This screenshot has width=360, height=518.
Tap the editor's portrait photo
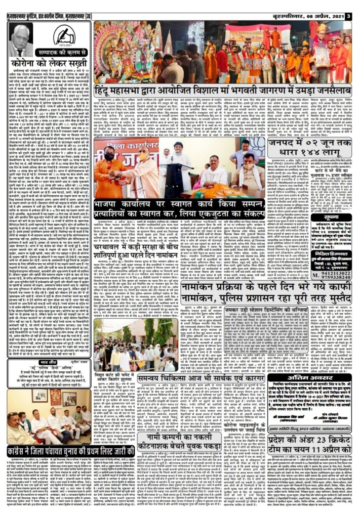click(20, 39)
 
